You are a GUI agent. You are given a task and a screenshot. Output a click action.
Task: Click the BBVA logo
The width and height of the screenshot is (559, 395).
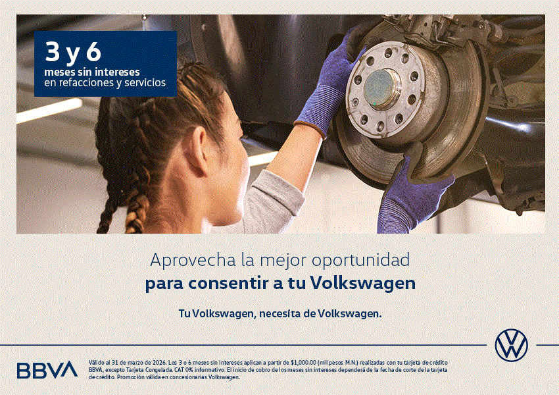(x=47, y=370)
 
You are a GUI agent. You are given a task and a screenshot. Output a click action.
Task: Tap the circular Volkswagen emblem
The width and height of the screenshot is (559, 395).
(x=511, y=344)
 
